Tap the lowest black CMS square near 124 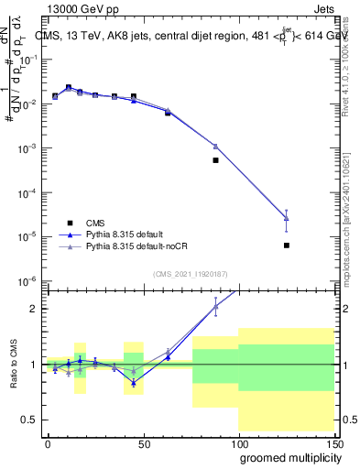287,245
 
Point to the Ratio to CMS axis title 13,365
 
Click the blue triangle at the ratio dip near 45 134,383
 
